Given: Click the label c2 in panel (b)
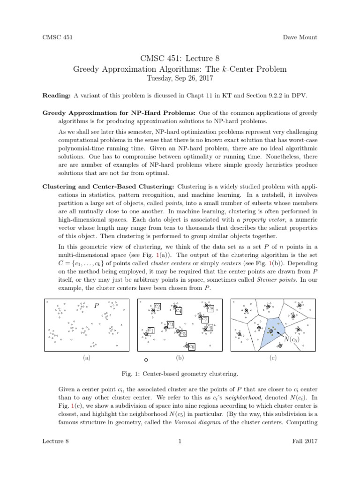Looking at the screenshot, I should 157,307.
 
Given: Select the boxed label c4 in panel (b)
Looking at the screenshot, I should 179,311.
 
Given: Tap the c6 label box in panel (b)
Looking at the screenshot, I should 192,346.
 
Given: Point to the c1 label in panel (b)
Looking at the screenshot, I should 151,331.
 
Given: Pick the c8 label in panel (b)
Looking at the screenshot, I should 210,308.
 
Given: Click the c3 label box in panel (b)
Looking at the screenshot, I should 171,324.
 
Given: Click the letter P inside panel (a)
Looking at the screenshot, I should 97,306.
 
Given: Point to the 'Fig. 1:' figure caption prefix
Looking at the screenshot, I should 129,374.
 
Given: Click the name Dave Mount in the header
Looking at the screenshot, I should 300,37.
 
